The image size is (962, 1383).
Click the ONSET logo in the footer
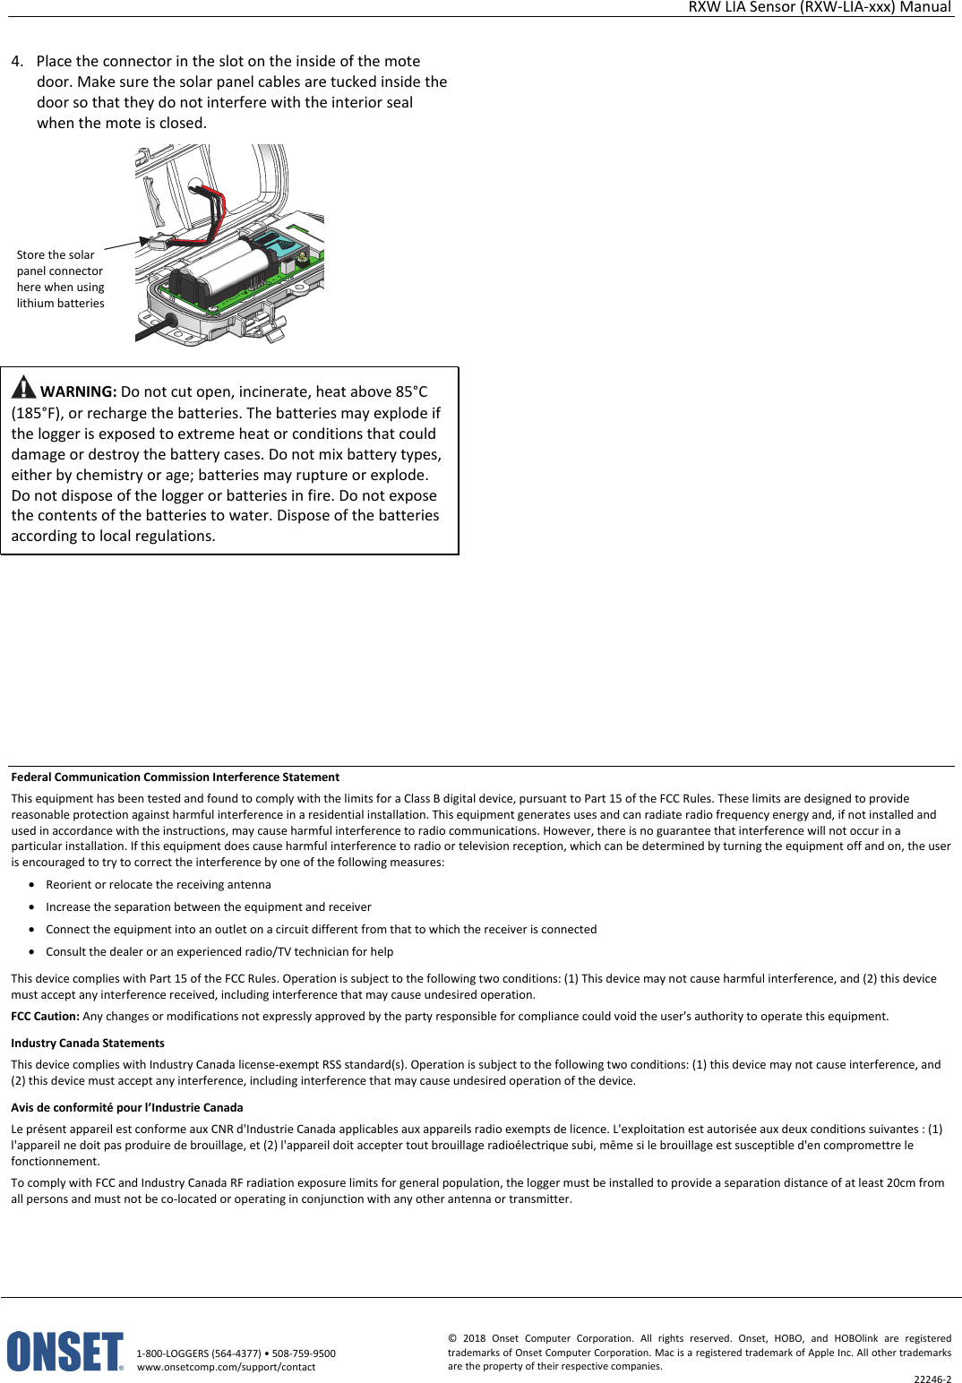tap(64, 1352)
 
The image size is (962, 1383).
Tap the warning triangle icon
tap(23, 388)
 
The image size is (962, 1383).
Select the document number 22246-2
tap(932, 1379)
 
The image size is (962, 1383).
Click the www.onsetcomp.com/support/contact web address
tap(226, 1367)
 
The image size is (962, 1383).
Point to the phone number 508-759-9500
tap(304, 1353)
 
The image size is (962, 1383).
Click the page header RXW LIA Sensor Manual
tap(819, 7)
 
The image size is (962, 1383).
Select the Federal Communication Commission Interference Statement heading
tap(175, 777)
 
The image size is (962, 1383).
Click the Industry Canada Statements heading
tap(88, 1044)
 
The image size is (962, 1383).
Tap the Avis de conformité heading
tap(127, 1108)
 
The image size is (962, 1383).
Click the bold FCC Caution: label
tap(45, 1017)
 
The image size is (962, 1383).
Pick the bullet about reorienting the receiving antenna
tap(158, 885)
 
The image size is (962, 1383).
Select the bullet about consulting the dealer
tap(219, 952)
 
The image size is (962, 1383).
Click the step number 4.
tap(16, 62)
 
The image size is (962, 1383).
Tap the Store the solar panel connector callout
tap(60, 279)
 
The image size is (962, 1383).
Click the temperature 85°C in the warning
tap(411, 391)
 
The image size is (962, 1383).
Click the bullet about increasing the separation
tap(208, 907)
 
